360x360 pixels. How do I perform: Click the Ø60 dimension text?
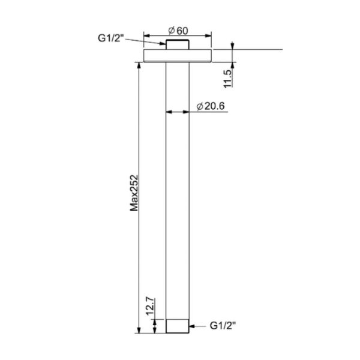point(179,29)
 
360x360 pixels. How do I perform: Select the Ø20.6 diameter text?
point(210,106)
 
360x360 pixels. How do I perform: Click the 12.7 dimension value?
point(150,307)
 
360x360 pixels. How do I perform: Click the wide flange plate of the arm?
point(179,55)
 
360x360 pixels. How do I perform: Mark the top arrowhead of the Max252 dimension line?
point(139,65)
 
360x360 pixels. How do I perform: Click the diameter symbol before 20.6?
point(199,106)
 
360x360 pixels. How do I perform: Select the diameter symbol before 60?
point(172,29)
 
